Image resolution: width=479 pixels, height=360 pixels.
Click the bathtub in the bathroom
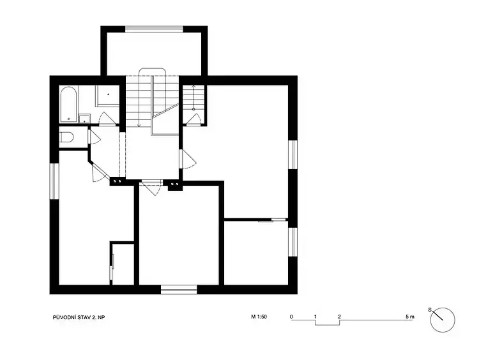point(68,105)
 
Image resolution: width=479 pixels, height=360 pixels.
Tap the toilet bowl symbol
point(66,137)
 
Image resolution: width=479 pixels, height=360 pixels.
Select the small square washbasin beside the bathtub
point(84,119)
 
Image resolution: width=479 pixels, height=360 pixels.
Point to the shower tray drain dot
point(108,94)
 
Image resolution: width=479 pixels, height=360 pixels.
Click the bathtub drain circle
point(68,119)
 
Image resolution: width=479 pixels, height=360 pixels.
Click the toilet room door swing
point(94,137)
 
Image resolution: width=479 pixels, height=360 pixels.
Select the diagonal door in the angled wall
point(100,172)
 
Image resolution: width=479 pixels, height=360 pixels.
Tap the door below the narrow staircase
point(193,119)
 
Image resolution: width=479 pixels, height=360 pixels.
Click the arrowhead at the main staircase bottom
point(139,125)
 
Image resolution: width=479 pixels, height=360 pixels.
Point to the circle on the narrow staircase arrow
point(194,109)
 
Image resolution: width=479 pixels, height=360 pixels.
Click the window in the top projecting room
point(155,29)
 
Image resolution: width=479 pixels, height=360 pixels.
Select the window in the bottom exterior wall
point(179,289)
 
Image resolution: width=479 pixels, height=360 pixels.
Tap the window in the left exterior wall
point(54,181)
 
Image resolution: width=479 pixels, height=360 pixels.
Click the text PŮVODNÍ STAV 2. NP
point(79,318)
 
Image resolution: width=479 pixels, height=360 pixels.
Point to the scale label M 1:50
point(259,317)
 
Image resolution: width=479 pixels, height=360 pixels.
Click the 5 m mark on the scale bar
point(410,317)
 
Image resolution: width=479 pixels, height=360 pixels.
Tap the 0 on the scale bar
point(291,317)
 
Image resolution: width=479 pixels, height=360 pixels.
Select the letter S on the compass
point(430,310)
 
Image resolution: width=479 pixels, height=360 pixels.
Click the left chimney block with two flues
point(118,181)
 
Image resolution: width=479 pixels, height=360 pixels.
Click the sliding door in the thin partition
point(272,220)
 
